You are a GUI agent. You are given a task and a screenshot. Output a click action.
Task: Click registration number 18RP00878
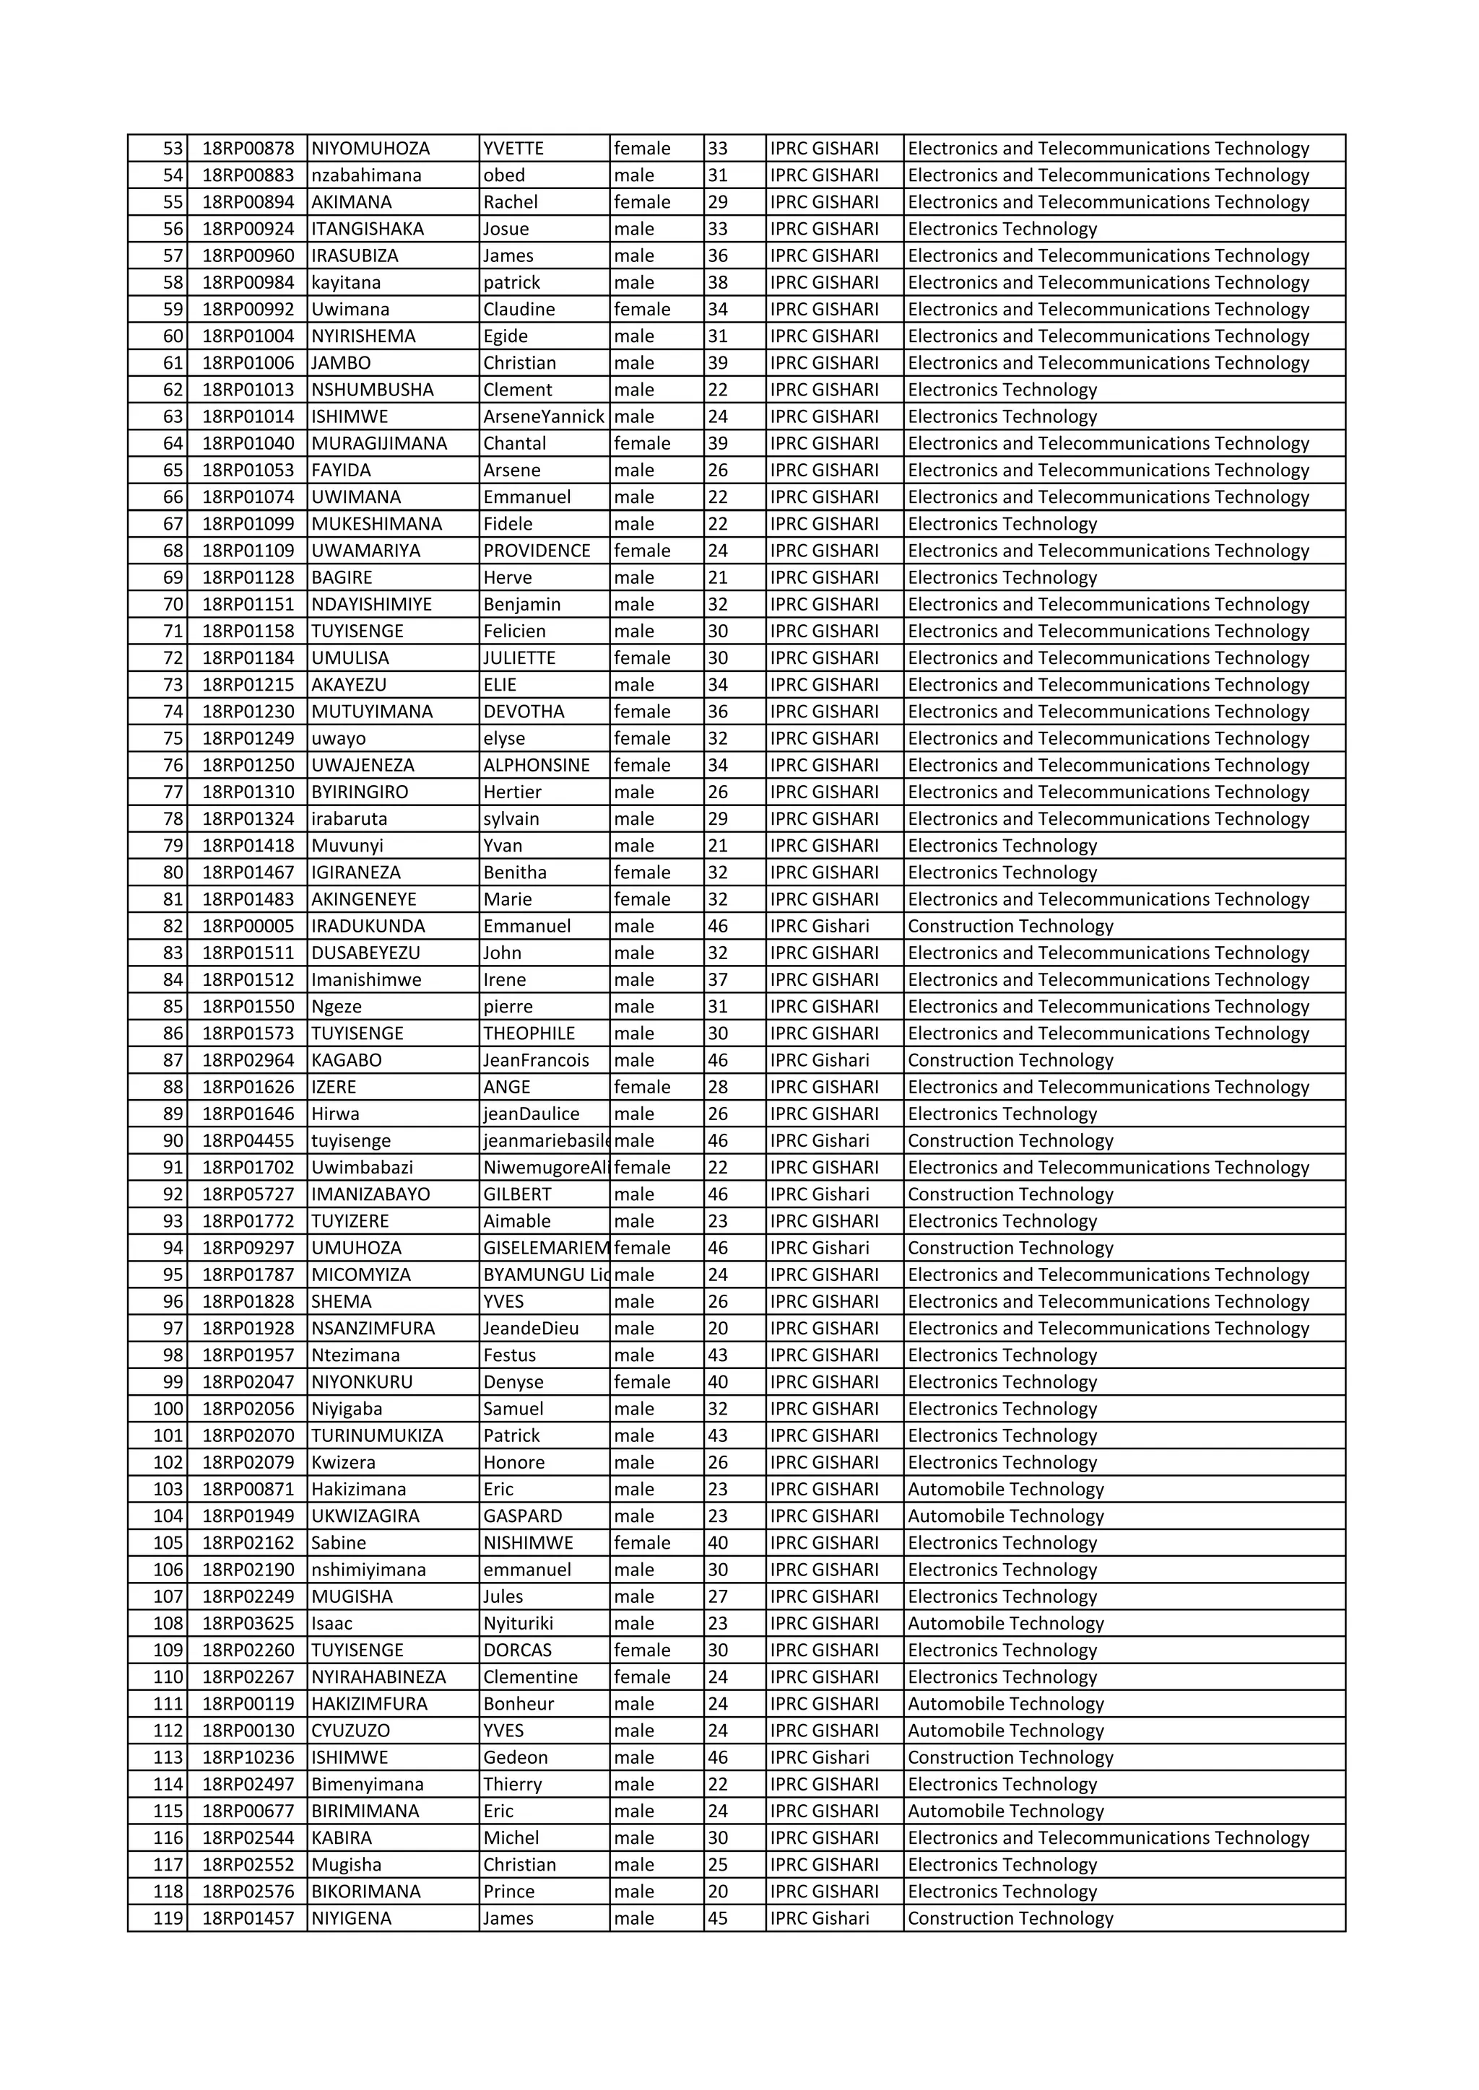(248, 149)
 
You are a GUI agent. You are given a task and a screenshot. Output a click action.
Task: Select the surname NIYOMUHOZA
(370, 149)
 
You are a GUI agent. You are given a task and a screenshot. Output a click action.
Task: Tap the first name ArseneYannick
(544, 417)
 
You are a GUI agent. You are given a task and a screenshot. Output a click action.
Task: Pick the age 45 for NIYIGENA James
(718, 1918)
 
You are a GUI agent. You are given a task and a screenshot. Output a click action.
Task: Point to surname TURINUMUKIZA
(377, 1435)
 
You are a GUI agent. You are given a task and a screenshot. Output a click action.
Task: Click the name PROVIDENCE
(537, 551)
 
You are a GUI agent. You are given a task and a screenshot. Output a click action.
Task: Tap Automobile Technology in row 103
(1005, 1490)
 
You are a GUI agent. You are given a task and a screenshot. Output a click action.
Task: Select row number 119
(168, 1918)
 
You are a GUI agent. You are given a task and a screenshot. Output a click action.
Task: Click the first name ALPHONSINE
(537, 765)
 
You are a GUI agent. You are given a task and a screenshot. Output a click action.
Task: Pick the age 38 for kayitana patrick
(718, 282)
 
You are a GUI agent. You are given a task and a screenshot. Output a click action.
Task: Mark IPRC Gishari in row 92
(819, 1194)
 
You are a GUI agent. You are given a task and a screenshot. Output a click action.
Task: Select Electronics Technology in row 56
(1002, 229)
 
